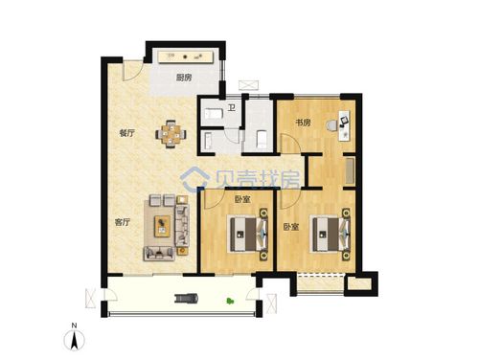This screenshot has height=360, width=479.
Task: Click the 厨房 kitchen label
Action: pos(184,78)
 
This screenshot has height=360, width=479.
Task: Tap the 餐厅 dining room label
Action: pos(126,133)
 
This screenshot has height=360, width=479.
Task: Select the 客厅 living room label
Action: pos(123,222)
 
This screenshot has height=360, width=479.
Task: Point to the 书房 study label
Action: pos(303,123)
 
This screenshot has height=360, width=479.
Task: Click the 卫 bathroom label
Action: pos(232,108)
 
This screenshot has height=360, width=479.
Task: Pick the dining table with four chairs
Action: pos(171,134)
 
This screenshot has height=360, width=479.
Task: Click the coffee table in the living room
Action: pos(162,226)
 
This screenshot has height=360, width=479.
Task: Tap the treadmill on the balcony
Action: pos(187,299)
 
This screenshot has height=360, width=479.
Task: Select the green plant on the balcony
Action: pos(230,301)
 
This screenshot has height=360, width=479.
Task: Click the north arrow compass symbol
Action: pos(74,340)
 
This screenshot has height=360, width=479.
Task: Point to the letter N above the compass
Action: pos(74,326)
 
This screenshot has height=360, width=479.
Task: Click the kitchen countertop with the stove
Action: pos(186,57)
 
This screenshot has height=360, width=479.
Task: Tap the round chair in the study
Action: pos(331,125)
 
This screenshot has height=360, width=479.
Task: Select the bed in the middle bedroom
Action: pos(249,234)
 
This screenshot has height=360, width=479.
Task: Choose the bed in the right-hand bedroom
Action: pos(331,234)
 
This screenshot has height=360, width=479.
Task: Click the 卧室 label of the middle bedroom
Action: pos(242,199)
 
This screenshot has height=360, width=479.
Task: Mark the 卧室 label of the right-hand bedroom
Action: pos(291,227)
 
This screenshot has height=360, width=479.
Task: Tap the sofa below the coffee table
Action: pos(159,254)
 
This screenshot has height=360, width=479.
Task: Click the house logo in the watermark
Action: pos(194,179)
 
